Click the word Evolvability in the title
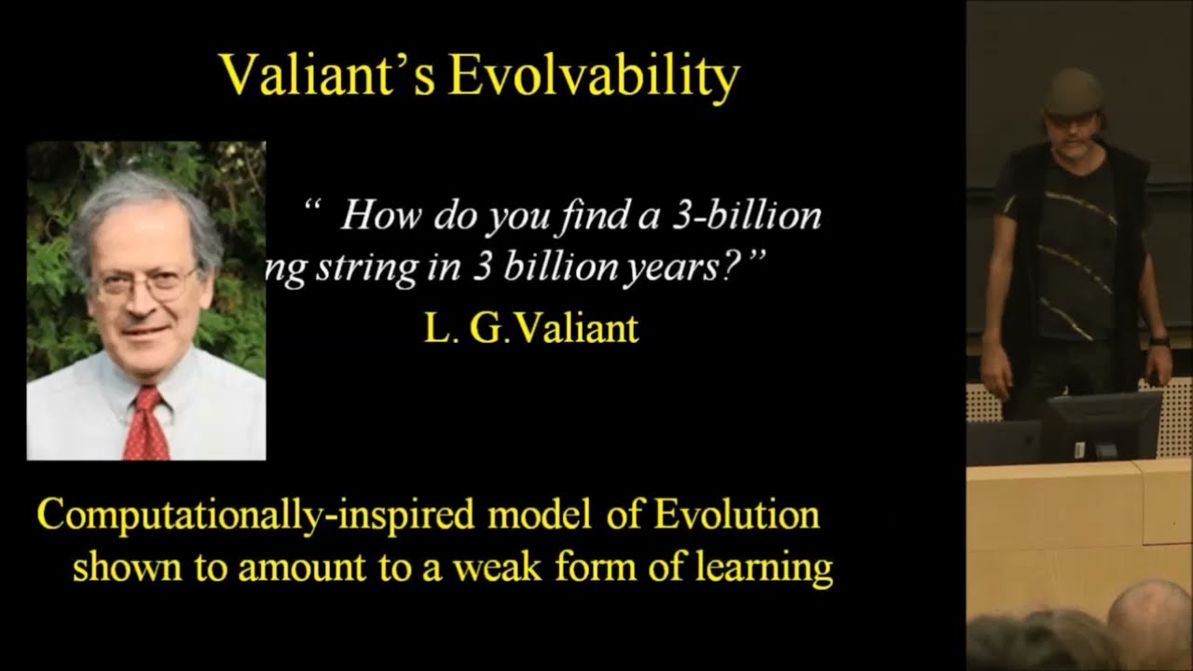coord(593,76)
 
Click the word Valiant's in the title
coord(327,75)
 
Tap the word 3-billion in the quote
coord(746,216)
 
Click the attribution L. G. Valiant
coord(531,329)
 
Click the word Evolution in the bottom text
coord(736,514)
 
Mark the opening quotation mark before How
coord(313,207)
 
